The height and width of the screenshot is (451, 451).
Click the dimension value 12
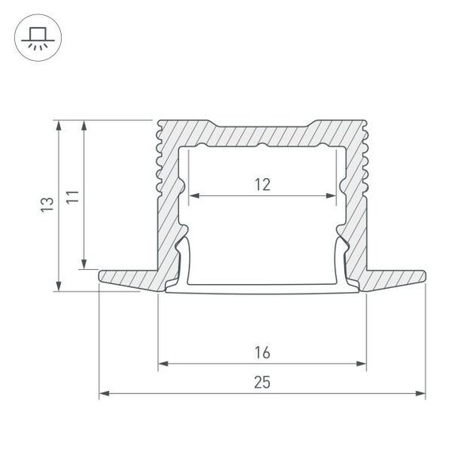[x=263, y=185]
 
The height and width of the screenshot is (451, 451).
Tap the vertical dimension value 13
[x=47, y=205]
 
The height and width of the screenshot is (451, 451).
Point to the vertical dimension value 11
[x=71, y=196]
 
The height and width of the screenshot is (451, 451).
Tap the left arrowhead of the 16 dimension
[x=162, y=364]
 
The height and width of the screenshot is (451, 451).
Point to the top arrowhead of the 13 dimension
[x=58, y=123]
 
